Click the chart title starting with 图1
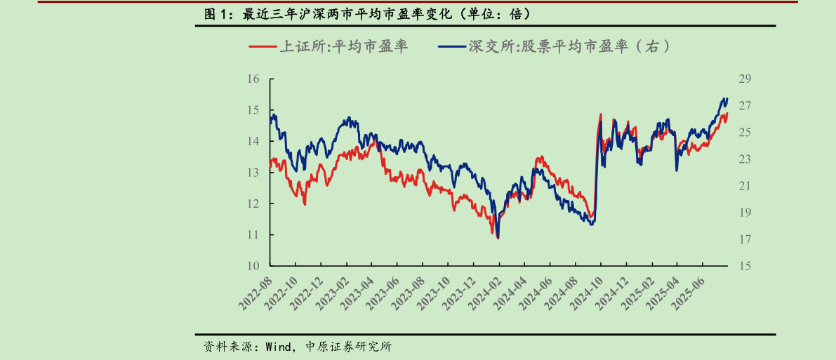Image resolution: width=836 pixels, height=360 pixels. pyautogui.click(x=366, y=14)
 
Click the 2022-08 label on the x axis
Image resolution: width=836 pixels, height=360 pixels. pyautogui.click(x=256, y=293)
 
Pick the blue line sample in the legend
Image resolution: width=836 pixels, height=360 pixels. pyautogui.click(x=453, y=47)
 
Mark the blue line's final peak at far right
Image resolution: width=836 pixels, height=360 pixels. pyautogui.click(x=726, y=98)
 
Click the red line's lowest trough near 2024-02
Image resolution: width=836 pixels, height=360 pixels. pyautogui.click(x=498, y=239)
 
